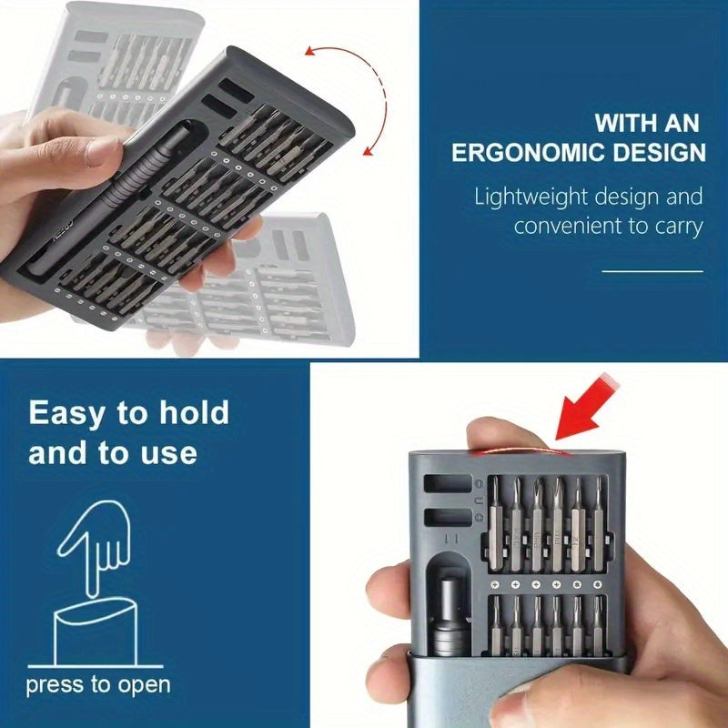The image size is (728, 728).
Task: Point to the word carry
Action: coord(674,226)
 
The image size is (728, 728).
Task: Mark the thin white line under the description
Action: coord(652,271)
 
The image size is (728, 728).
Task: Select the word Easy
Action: coord(68,412)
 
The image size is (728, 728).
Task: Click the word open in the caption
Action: coord(144,685)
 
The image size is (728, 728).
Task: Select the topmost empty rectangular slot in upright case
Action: coord(448,484)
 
